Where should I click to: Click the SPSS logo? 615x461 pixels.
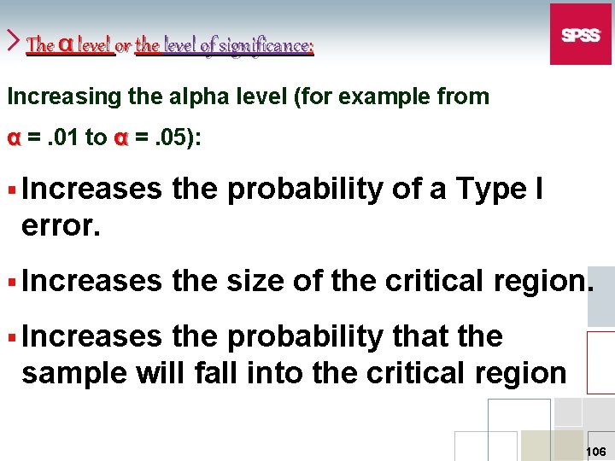[580, 34]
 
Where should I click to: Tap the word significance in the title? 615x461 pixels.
[266, 44]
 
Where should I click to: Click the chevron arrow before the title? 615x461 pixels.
[14, 39]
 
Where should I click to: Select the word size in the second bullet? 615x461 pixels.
[255, 281]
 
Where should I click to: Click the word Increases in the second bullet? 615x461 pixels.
[91, 281]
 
